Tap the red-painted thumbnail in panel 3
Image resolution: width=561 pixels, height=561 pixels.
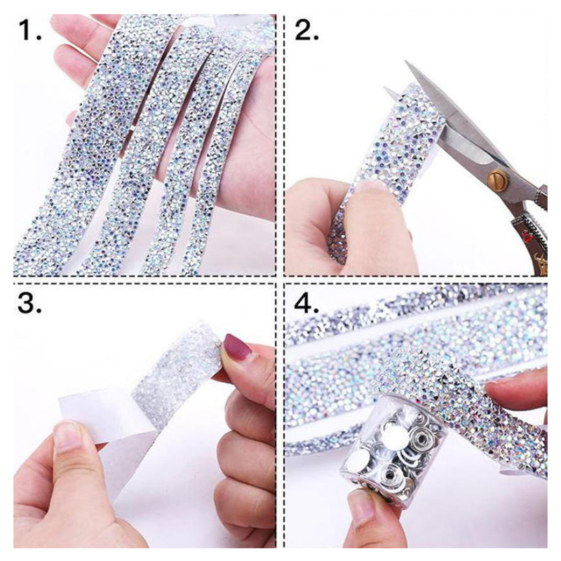point(237,346)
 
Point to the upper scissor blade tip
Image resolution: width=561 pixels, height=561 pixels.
point(407,63)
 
